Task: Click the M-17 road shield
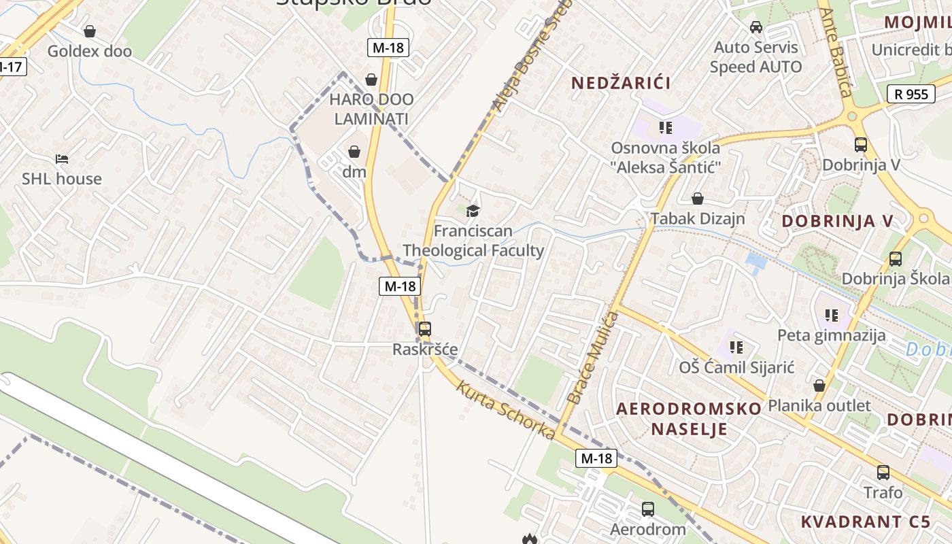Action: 11,67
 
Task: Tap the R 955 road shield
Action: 911,94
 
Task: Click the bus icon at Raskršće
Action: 424,329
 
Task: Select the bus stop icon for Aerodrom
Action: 648,509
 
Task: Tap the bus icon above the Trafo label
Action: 883,472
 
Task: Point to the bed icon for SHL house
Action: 62,159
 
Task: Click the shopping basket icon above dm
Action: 354,151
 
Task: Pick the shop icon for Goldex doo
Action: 89,31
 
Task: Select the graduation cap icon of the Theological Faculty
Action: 473,211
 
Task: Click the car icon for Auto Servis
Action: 755,27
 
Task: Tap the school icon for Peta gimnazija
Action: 831,316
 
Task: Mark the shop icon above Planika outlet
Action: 819,386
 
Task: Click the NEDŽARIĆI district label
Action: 621,83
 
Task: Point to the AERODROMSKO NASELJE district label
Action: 689,418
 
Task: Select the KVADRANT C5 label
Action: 865,522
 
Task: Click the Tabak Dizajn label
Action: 698,219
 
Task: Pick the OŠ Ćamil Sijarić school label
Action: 737,367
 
